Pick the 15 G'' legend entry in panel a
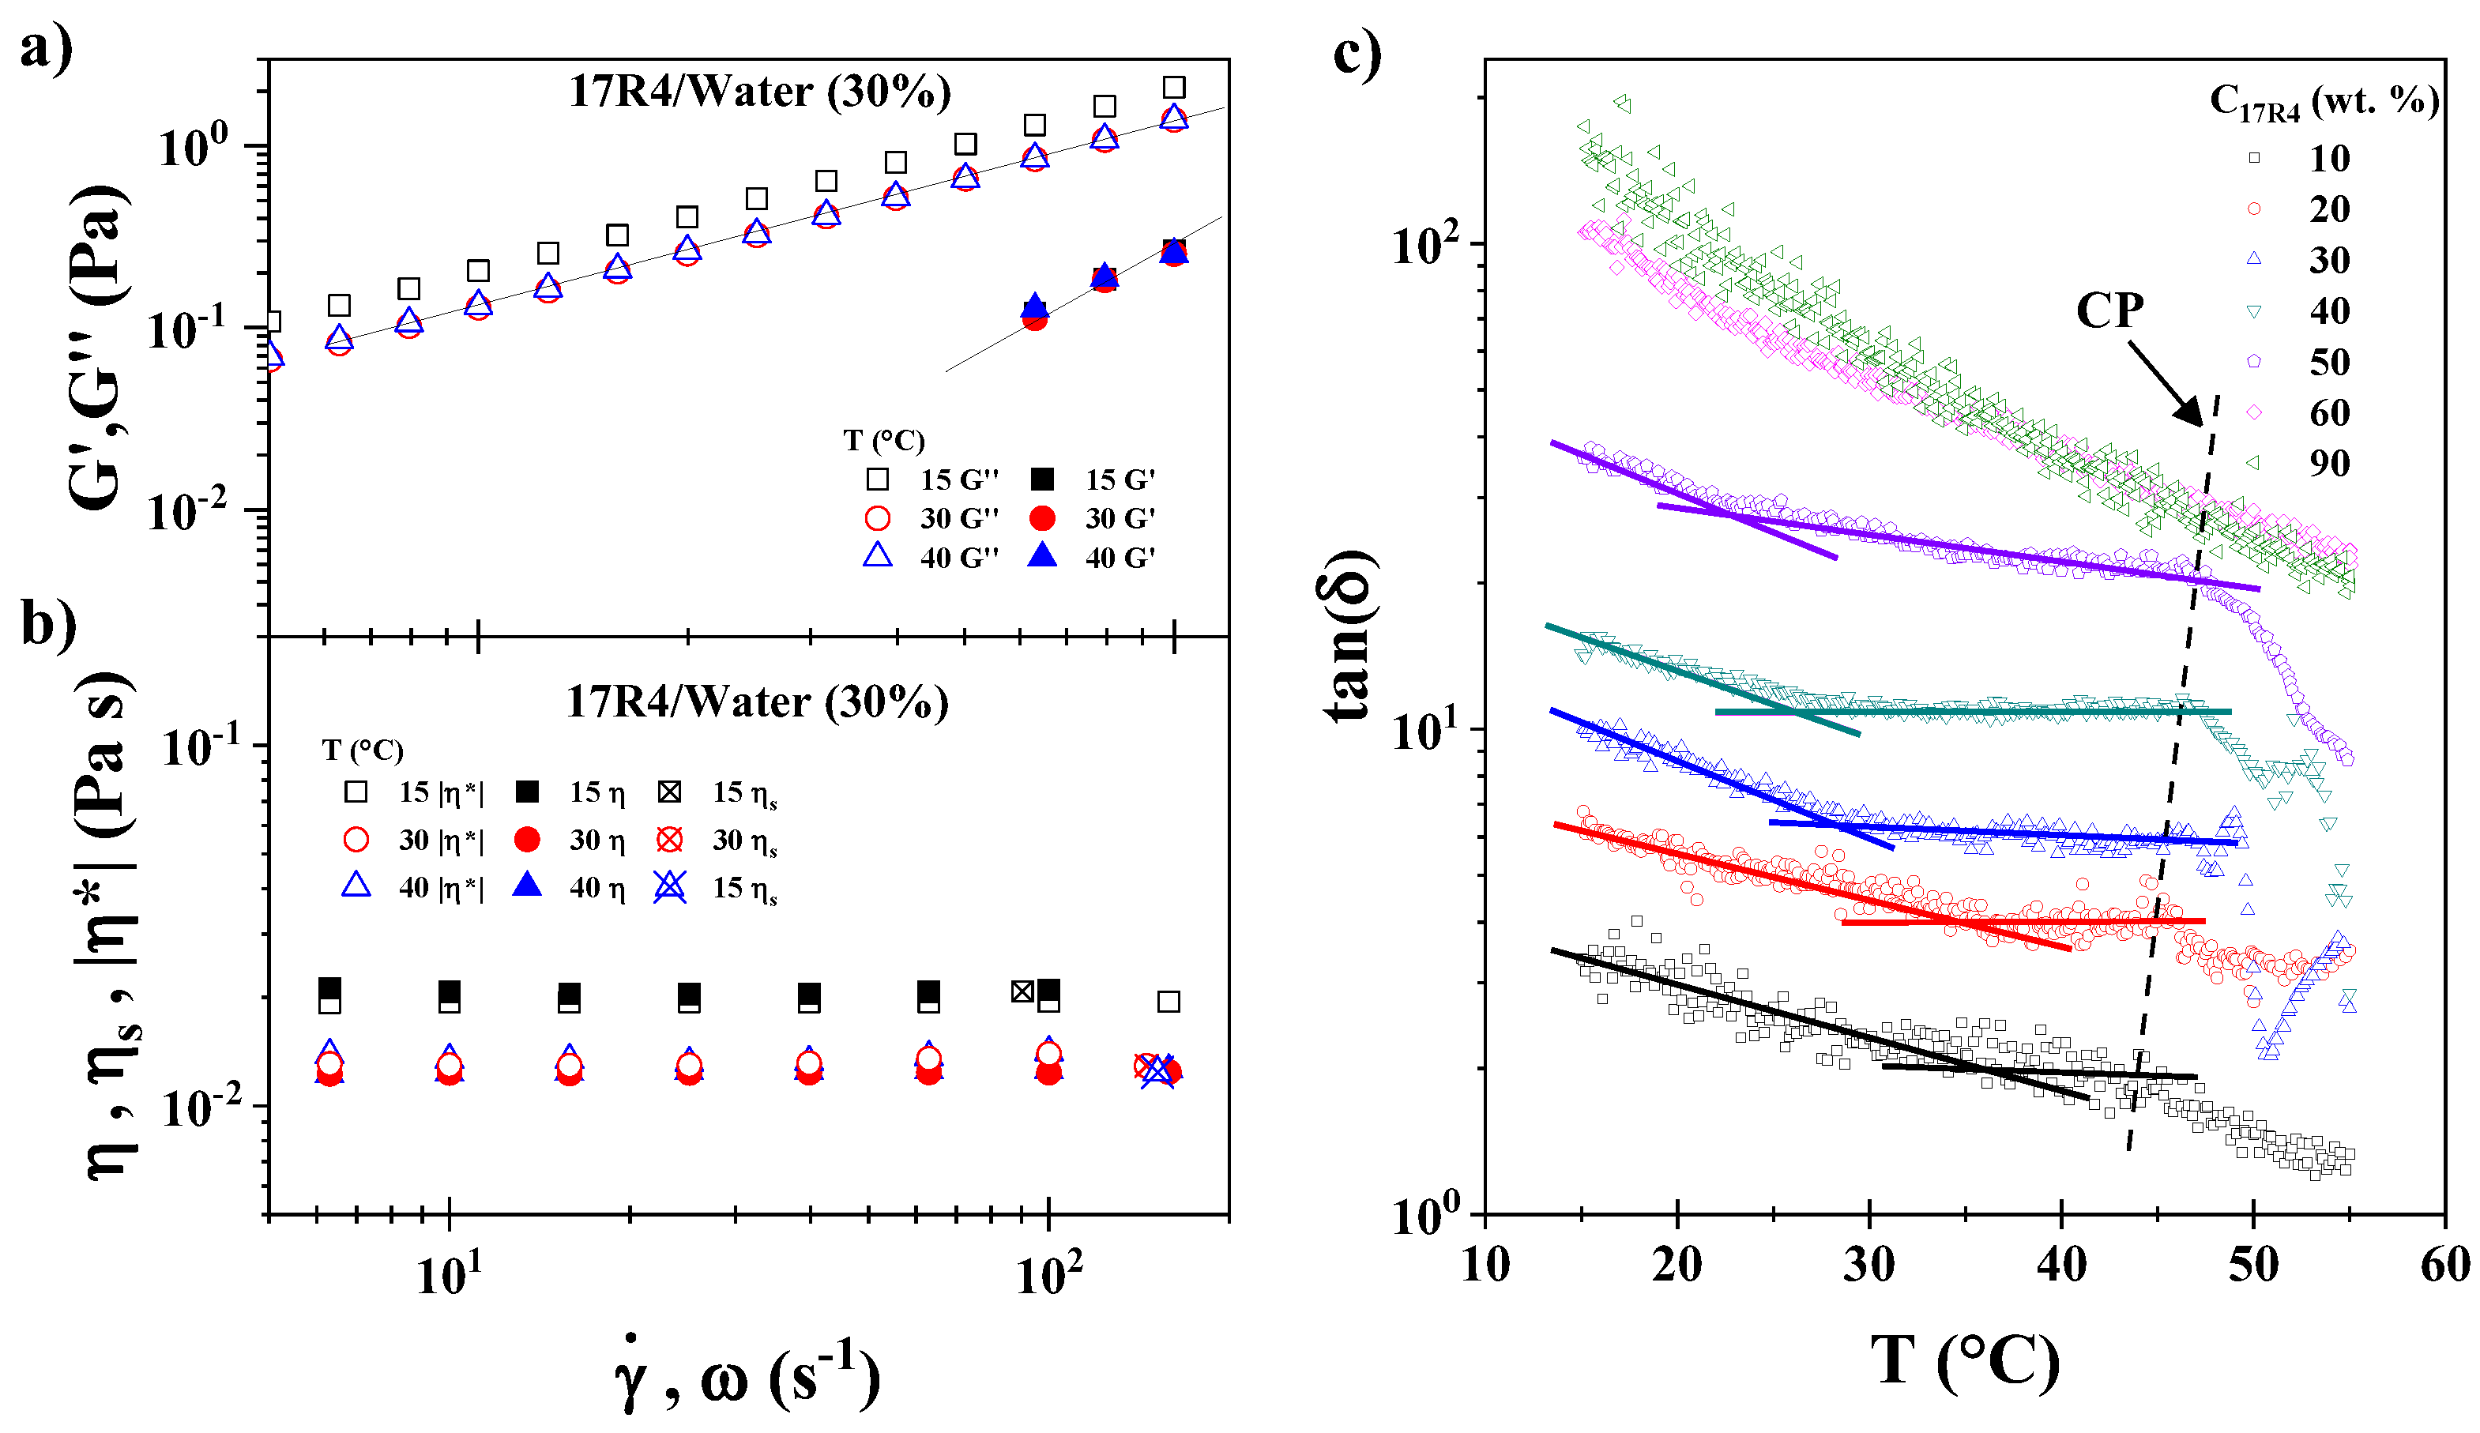click(930, 480)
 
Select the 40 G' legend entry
click(1093, 557)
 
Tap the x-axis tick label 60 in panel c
click(2443, 1265)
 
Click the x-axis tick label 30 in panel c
click(1868, 1265)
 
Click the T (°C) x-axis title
click(1964, 1363)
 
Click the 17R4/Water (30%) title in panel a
click(760, 92)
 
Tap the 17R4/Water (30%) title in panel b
click(757, 701)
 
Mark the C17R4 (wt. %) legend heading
click(2324, 101)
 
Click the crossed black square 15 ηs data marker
click(1022, 991)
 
